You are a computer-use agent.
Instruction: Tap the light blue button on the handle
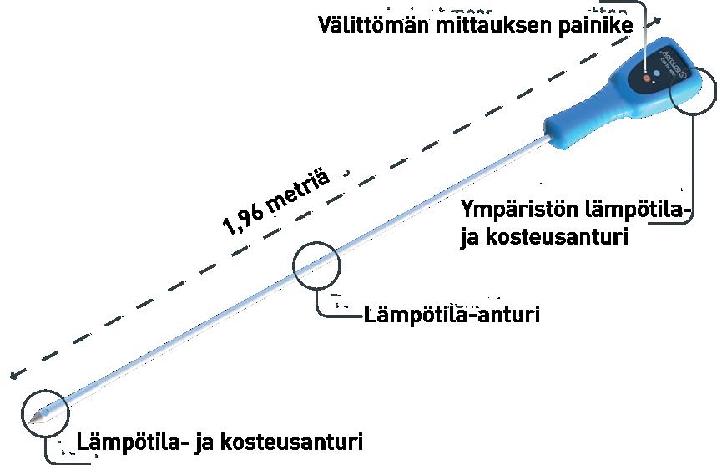(657, 73)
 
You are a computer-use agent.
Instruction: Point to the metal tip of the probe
(34, 421)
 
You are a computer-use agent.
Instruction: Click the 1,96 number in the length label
(242, 218)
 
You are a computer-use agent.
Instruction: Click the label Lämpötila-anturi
(452, 316)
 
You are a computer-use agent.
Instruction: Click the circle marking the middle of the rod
(317, 265)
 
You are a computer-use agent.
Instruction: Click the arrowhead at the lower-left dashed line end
(10, 376)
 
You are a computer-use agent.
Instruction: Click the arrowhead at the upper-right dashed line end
(661, 18)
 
